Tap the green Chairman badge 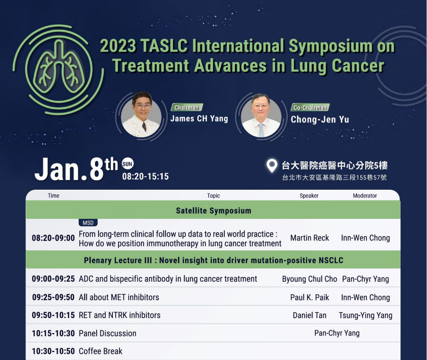click(187, 108)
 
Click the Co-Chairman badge click(310, 108)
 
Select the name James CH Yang click(199, 119)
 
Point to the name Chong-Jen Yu click(320, 120)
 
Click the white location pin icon click(271, 166)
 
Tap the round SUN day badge click(127, 164)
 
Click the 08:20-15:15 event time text click(146, 177)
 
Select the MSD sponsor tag click(88, 223)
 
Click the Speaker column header click(309, 196)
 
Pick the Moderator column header click(365, 196)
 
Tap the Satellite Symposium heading click(213, 211)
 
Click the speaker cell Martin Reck click(310, 238)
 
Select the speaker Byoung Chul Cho click(310, 279)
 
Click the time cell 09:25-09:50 click(53, 297)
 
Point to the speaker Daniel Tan click(310, 315)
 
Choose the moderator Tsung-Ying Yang click(366, 315)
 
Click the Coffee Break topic click(100, 351)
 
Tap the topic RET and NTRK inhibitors click(120, 315)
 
